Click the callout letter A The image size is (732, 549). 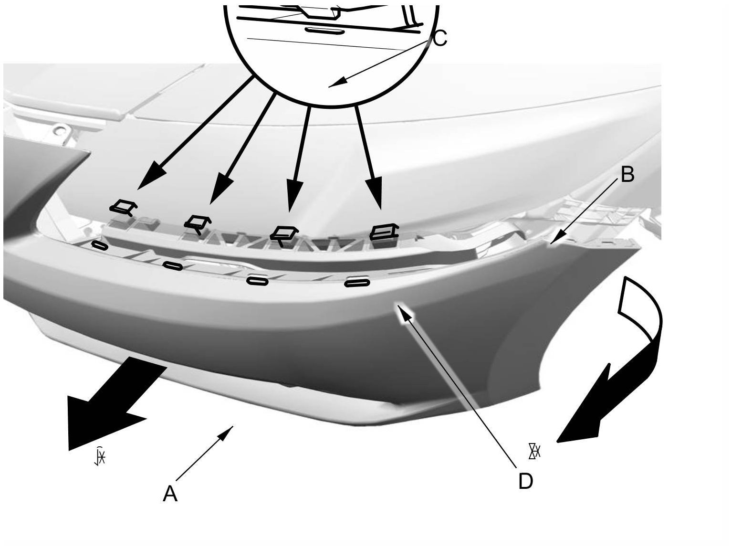(170, 494)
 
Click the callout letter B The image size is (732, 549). (627, 175)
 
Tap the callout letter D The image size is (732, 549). (525, 481)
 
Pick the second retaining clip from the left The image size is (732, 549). (198, 223)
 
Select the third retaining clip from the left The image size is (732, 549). (284, 234)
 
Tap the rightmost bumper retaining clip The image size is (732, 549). (385, 232)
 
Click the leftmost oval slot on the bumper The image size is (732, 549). (100, 245)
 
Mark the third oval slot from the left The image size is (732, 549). (257, 281)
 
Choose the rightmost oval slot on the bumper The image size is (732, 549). (357, 284)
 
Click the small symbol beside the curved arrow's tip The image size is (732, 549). (534, 451)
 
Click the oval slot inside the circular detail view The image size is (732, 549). (324, 31)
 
